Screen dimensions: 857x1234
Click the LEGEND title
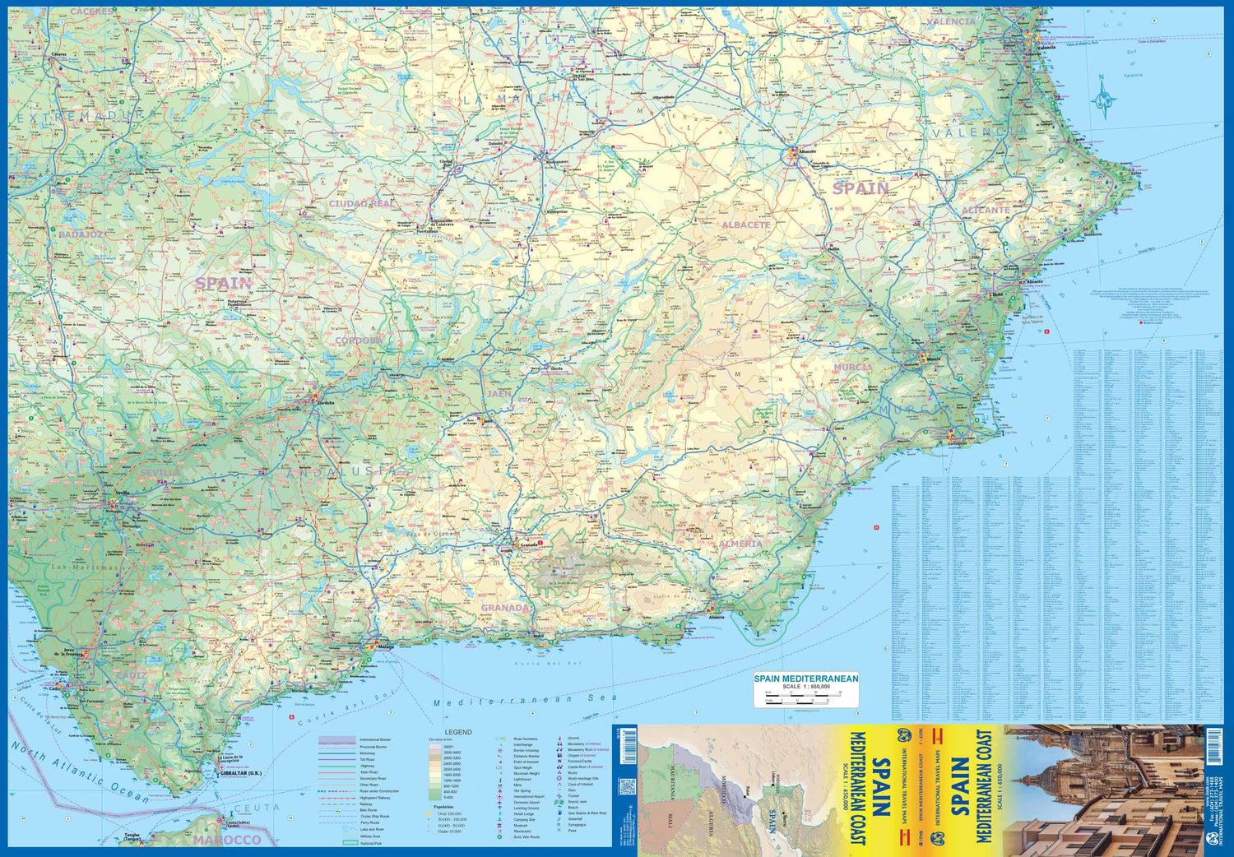[x=458, y=732]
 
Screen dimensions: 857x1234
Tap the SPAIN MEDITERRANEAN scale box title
[x=805, y=679]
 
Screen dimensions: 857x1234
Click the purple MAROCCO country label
[x=227, y=840]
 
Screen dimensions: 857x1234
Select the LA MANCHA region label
[x=518, y=98]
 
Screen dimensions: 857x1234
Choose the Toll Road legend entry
[x=367, y=759]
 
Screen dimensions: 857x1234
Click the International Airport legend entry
[x=529, y=796]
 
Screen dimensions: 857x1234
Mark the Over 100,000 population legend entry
[x=448, y=813]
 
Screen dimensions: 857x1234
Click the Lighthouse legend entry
[x=522, y=779]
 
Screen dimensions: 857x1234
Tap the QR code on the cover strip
[x=629, y=785]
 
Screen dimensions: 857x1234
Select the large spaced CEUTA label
[x=257, y=808]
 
